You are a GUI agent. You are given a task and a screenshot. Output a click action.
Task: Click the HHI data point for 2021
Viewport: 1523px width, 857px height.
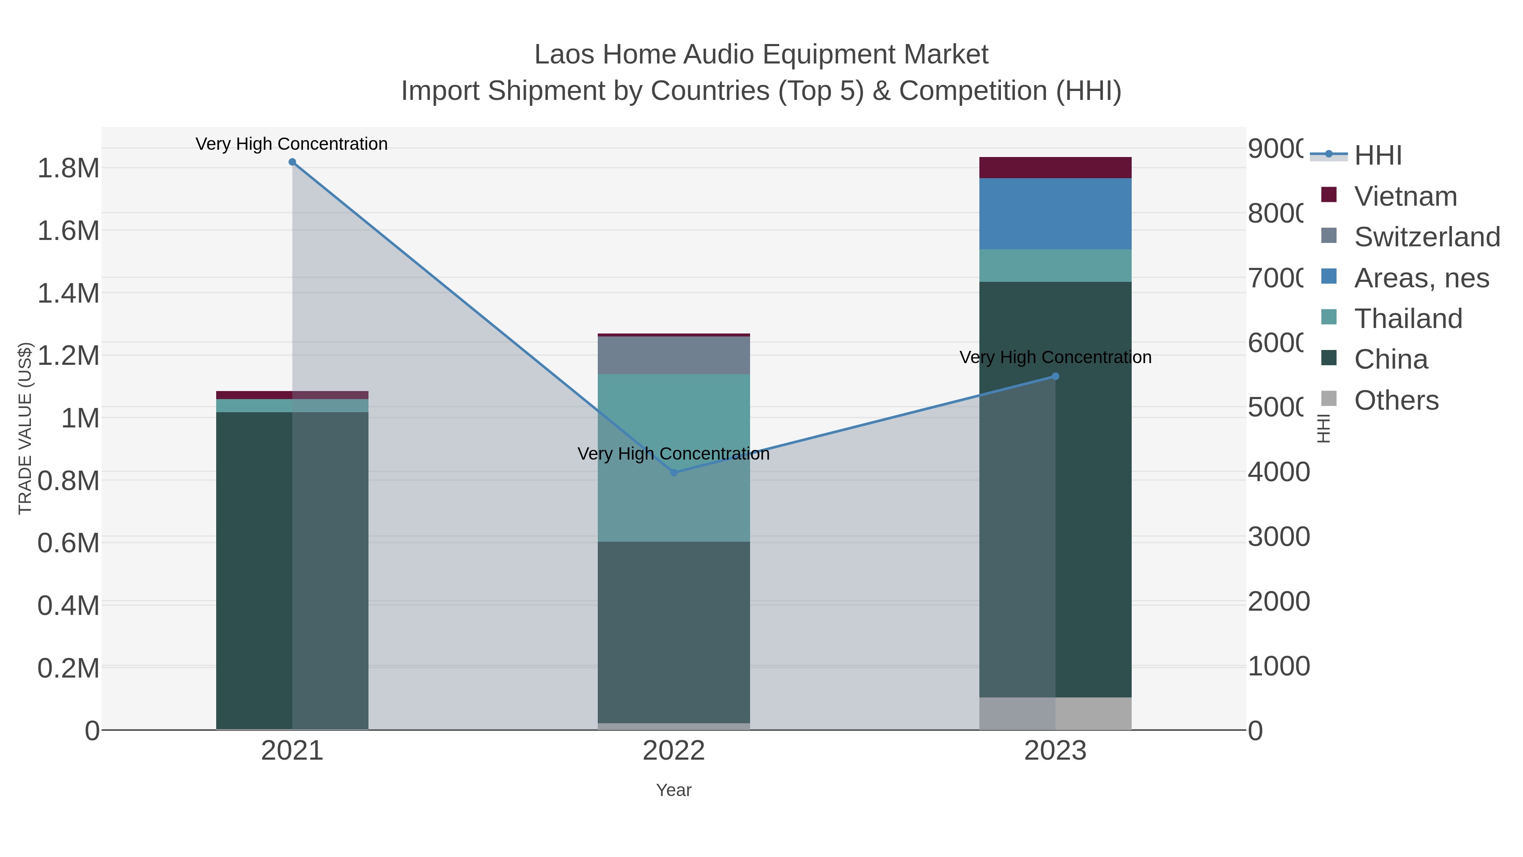(x=292, y=162)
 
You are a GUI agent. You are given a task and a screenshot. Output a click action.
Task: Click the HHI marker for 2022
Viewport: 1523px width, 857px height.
(x=674, y=473)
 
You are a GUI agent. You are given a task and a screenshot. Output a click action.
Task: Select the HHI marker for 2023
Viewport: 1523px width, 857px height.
(x=1056, y=376)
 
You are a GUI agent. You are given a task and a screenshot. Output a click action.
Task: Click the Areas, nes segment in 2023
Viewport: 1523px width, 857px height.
(x=1056, y=214)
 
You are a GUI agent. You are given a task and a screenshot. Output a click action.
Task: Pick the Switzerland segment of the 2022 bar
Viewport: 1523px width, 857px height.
(x=674, y=355)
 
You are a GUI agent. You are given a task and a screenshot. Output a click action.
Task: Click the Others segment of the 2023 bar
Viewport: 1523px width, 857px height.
(x=1056, y=714)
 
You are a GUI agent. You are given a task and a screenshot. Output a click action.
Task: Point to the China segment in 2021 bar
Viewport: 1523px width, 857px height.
(x=254, y=571)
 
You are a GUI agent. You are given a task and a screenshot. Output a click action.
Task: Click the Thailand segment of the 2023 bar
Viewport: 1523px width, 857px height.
(x=1056, y=265)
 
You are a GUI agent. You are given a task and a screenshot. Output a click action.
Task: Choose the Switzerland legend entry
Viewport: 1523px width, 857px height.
(x=1426, y=237)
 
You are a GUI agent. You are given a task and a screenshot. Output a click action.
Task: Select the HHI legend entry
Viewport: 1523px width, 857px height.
(x=1377, y=155)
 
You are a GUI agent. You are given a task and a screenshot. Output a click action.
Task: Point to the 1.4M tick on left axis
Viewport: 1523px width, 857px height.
(x=68, y=293)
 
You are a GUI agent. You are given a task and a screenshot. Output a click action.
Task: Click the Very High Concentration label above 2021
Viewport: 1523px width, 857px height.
(x=291, y=144)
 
